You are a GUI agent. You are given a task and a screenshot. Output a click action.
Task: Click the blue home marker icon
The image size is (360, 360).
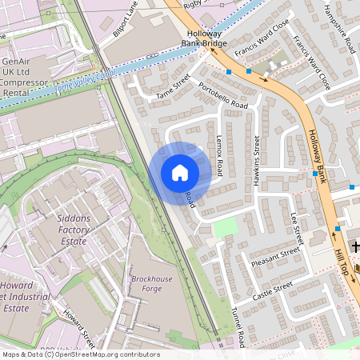click(x=180, y=173)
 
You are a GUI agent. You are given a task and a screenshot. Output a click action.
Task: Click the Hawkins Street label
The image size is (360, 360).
click(x=257, y=155)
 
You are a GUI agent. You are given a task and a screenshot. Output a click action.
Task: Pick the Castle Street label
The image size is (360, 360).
click(x=273, y=291)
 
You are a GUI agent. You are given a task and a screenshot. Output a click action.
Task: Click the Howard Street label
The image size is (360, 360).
click(x=79, y=329)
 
